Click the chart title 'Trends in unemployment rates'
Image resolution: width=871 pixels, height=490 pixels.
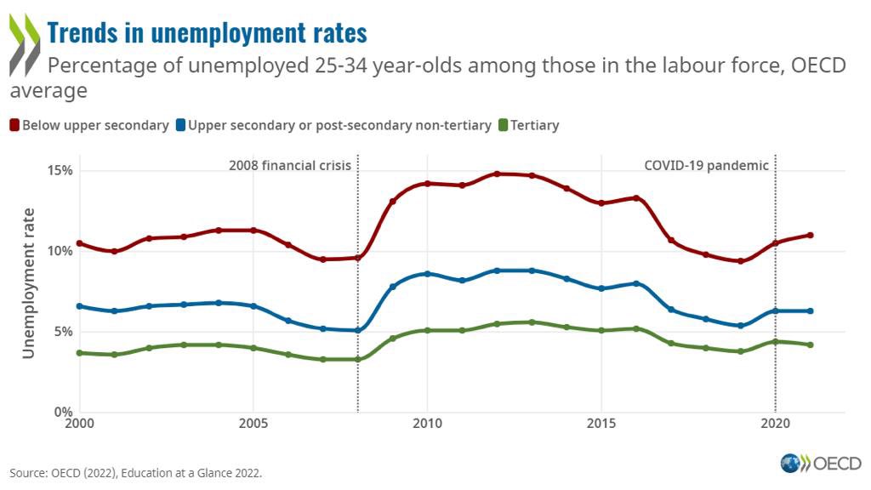click(207, 32)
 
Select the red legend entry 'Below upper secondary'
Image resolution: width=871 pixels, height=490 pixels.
click(89, 125)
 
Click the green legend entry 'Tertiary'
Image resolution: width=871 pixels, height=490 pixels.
click(528, 125)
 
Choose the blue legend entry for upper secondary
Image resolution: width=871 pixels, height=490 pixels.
click(333, 125)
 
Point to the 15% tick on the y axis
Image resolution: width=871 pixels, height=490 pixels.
click(60, 170)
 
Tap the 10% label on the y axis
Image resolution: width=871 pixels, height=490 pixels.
click(60, 251)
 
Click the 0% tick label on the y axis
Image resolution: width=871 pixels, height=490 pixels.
click(63, 413)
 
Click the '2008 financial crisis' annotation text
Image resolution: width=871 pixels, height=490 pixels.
click(290, 165)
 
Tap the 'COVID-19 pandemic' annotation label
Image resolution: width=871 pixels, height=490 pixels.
click(706, 165)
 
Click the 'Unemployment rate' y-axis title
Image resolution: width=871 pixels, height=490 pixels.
click(29, 282)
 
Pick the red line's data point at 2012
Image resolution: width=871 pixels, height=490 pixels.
click(497, 174)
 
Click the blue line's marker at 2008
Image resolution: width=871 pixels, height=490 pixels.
click(357, 330)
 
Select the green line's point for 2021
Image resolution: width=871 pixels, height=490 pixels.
click(810, 345)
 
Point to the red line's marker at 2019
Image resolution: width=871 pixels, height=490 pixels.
click(740, 261)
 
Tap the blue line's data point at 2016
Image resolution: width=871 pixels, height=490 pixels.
click(635, 283)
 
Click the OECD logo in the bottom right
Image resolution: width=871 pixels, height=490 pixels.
click(821, 464)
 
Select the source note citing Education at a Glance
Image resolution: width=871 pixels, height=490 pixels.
click(135, 472)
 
